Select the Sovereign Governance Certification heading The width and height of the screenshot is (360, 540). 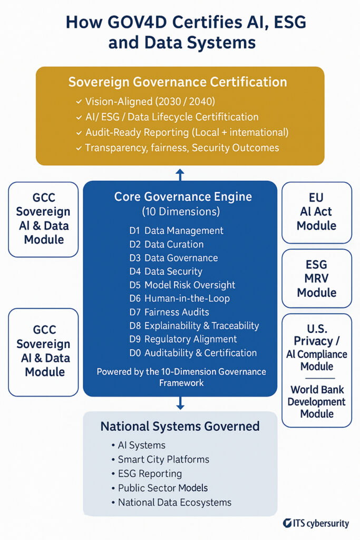178,82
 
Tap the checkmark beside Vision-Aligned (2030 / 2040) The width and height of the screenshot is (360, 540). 79,102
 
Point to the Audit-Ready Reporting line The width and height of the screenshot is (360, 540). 182,132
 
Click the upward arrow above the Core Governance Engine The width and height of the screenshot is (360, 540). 180,175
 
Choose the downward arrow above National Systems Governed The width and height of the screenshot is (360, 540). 180,403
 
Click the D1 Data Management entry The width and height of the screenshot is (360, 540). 176,230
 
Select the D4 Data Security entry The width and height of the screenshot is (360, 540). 166,272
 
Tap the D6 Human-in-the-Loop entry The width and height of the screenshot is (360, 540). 179,298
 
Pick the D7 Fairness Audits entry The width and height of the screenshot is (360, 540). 169,312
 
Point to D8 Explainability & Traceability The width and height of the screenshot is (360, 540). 194,325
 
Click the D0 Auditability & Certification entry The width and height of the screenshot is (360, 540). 193,353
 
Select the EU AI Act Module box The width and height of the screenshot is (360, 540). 317,213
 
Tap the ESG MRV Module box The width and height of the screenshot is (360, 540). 317,278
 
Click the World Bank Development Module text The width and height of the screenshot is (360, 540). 317,401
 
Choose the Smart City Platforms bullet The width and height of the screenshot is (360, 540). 160,459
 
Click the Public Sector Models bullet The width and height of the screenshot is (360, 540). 159,488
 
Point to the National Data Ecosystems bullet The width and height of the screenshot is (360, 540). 171,503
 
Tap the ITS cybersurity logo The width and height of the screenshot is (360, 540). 316,524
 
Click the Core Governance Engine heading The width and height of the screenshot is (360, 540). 183,197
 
